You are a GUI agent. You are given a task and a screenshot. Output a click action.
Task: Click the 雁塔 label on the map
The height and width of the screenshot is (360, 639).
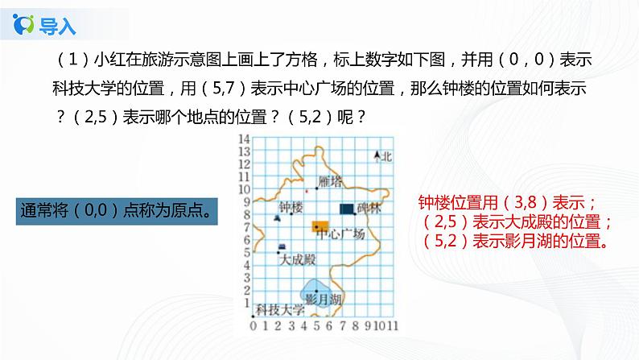(331, 180)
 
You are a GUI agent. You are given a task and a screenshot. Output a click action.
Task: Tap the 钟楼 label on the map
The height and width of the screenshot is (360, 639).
(291, 207)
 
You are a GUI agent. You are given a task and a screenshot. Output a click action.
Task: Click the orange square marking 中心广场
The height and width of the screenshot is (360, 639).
(319, 226)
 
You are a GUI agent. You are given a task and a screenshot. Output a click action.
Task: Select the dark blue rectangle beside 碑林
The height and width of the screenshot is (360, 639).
(346, 209)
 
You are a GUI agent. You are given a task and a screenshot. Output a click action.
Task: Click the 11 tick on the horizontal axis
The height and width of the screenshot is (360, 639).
(394, 325)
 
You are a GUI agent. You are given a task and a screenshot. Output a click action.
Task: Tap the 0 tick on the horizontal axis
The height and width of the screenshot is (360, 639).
(254, 325)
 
